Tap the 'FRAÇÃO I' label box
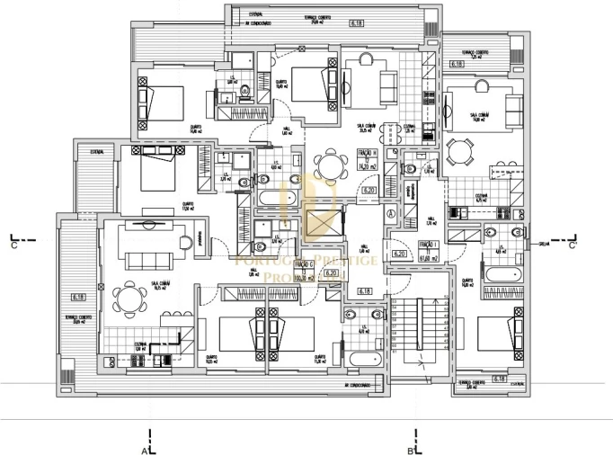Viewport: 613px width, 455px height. (428, 249)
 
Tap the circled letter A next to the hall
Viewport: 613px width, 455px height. (391, 213)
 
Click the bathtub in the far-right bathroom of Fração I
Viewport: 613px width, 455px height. (504, 272)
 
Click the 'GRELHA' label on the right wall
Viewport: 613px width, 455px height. (544, 244)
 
